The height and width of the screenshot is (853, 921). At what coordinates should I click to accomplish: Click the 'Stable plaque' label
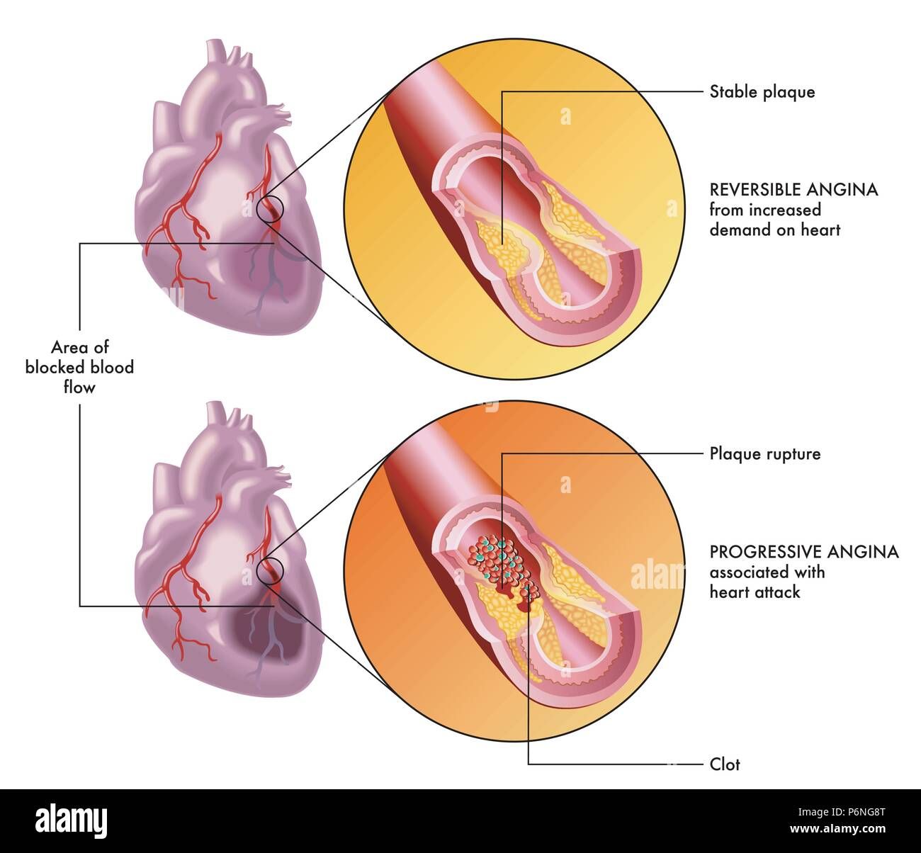click(762, 92)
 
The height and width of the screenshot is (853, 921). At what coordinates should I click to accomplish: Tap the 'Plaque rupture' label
click(764, 453)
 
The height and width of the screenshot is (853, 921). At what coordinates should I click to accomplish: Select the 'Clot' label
click(724, 764)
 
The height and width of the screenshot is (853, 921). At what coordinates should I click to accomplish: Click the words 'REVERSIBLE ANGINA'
click(793, 190)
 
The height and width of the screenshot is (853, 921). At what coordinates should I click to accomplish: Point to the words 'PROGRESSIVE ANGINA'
click(804, 552)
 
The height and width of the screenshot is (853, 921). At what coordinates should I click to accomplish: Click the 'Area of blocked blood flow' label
click(79, 367)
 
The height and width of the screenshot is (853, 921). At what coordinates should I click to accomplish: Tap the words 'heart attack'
click(755, 592)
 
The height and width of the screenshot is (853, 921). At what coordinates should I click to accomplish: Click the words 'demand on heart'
click(775, 230)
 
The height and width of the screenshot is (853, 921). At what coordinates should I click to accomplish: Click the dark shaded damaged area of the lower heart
click(269, 636)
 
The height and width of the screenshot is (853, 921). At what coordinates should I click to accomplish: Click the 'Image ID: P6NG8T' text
click(841, 812)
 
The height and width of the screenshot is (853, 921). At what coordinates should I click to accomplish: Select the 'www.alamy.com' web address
click(837, 828)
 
